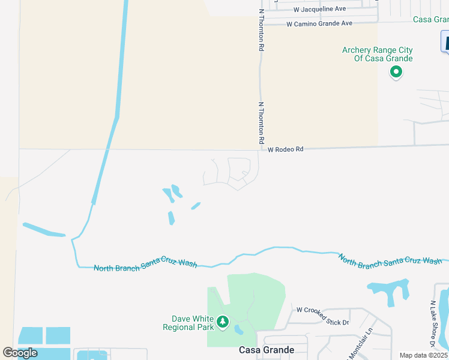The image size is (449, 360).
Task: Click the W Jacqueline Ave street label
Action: tap(320, 9)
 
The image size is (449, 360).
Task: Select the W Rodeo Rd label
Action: tap(286, 149)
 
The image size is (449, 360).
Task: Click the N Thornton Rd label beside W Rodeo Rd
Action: tap(261, 122)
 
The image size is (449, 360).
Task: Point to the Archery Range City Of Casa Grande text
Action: tap(378, 55)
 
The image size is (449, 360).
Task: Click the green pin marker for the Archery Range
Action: tap(396, 73)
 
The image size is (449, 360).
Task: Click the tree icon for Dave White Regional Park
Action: tap(223, 323)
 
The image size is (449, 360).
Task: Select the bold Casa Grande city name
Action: tap(267, 350)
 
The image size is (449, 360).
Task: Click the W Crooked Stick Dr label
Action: tap(322, 316)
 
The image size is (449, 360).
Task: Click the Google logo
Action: tap(20, 353)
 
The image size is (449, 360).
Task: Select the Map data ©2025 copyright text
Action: tap(423, 355)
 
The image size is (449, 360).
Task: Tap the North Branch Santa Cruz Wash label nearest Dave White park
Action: tap(145, 265)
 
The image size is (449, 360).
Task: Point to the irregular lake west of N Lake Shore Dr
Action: tap(390, 290)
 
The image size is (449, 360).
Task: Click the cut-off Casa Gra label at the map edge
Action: tap(430, 20)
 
